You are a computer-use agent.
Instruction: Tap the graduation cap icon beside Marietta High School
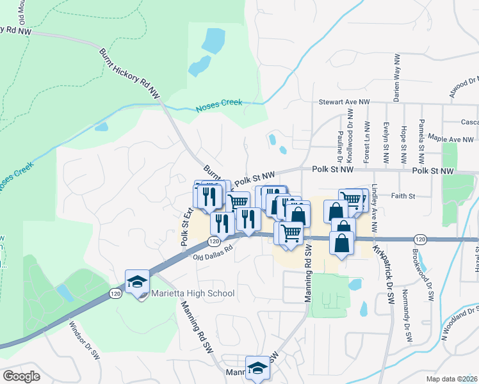[137, 282]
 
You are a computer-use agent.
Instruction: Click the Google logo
[22, 376]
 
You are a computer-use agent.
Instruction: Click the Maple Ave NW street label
[451, 138]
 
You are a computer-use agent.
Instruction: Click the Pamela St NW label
[421, 135]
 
